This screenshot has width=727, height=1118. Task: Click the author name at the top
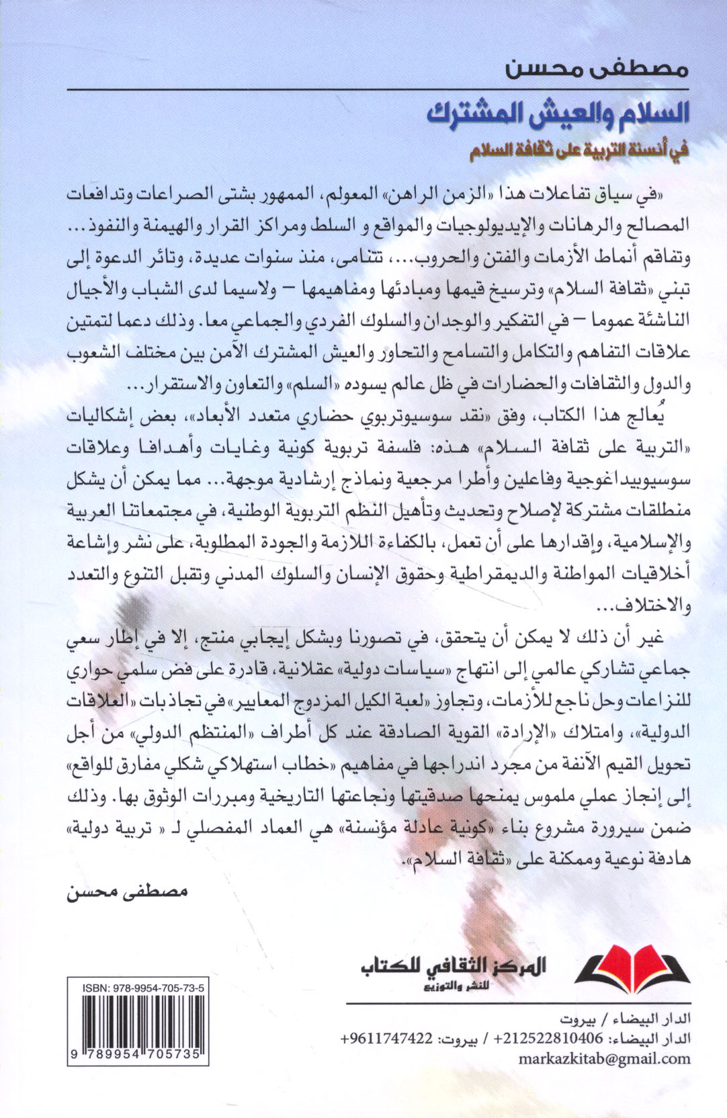pyautogui.click(x=609, y=70)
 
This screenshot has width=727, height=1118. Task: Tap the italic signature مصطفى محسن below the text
pyautogui.click(x=128, y=892)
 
